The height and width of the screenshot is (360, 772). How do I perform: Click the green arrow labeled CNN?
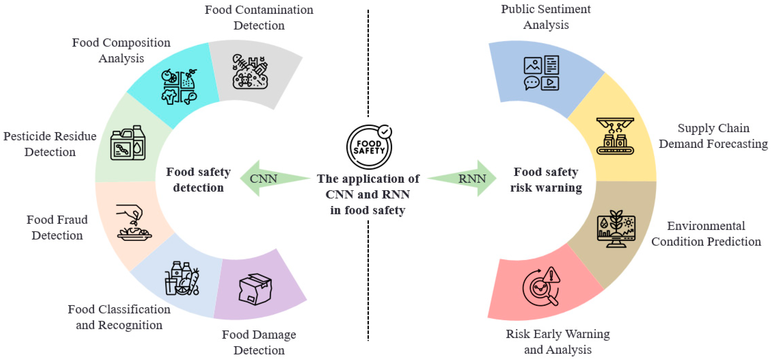point(270,179)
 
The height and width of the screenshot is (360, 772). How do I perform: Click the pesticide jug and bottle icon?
point(128,143)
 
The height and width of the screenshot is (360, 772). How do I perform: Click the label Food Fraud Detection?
point(57,227)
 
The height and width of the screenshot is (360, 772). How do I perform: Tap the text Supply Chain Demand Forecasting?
point(713,136)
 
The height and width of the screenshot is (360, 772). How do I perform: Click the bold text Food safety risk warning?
point(546,180)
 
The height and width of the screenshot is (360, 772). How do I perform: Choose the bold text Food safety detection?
point(198,180)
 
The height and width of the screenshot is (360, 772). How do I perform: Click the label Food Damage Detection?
point(259,342)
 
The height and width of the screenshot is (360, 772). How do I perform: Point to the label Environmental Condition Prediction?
point(706,234)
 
